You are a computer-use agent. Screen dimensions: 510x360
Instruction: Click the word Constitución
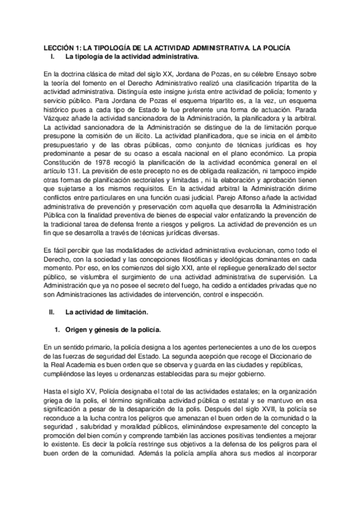(67, 164)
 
